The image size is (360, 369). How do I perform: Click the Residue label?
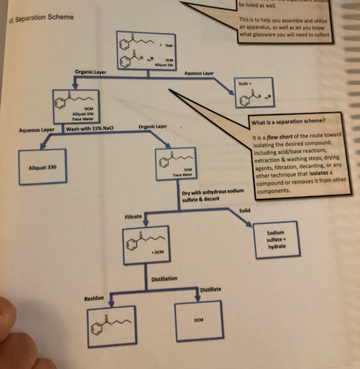click(x=93, y=298)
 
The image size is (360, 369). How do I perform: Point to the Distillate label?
click(x=211, y=291)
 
